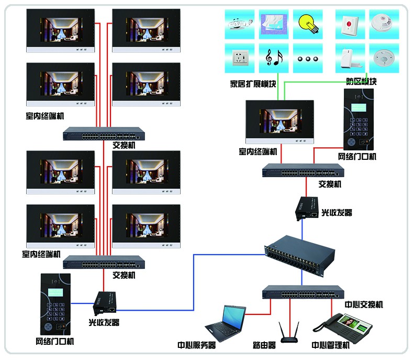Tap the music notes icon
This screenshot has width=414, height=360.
pos(274,58)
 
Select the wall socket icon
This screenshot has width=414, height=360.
pos(240,58)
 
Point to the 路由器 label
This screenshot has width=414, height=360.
pos(264,346)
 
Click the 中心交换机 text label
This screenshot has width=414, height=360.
pos(363,304)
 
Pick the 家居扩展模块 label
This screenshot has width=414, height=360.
pos(252,82)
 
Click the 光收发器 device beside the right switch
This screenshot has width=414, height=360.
pos(306,208)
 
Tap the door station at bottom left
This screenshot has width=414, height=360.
pos(54,304)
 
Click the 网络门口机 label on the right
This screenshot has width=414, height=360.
pos(357,156)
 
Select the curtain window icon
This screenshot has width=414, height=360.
pos(274,23)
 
